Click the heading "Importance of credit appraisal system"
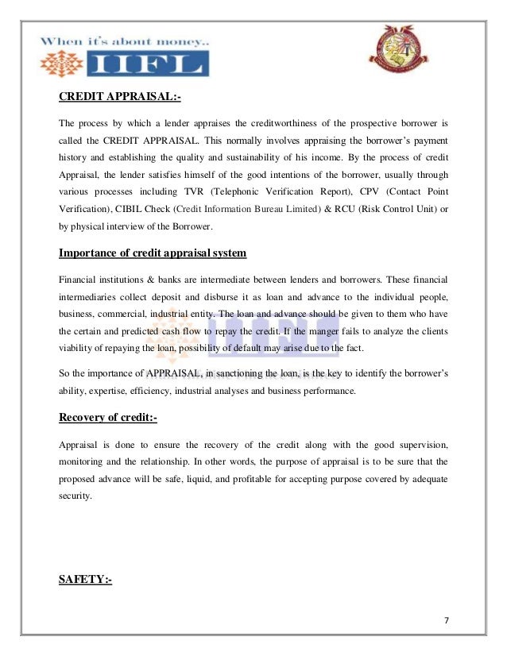coord(153,253)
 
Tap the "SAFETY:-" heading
coord(85,580)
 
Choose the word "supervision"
coord(419,442)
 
